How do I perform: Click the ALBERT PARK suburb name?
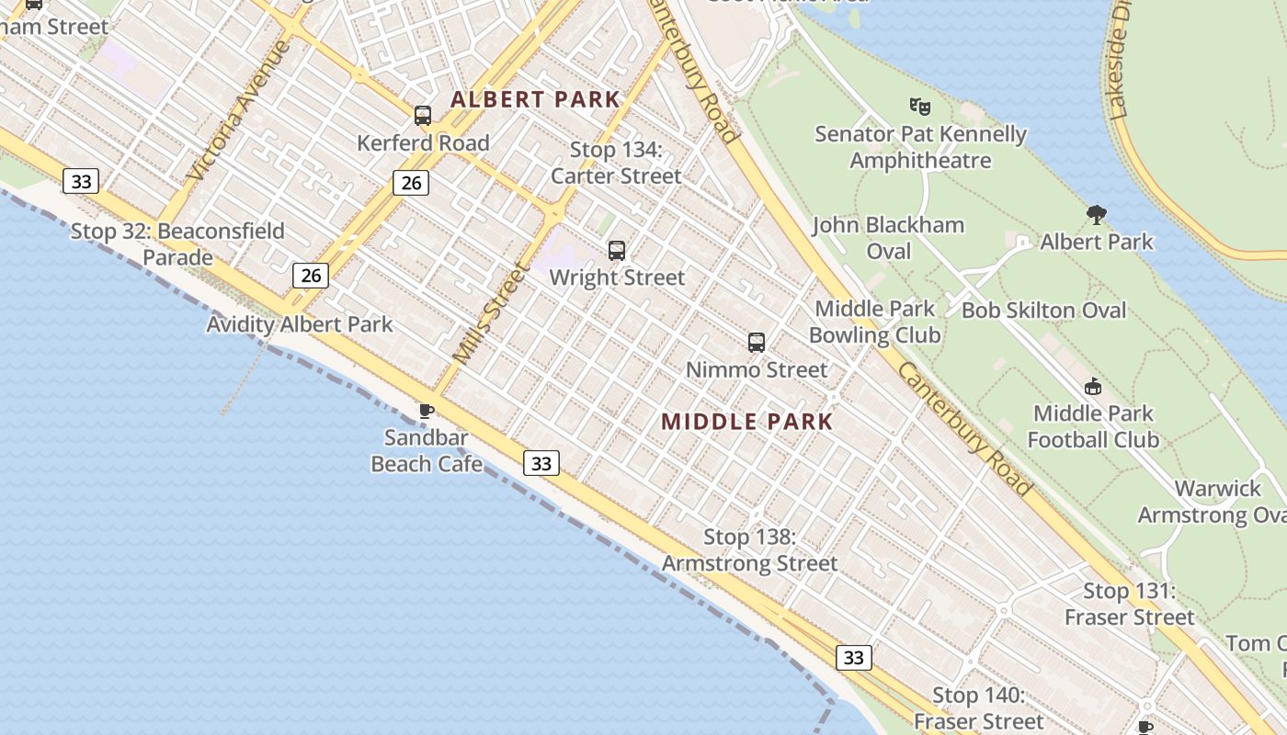(x=535, y=99)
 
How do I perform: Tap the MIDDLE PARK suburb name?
(x=746, y=422)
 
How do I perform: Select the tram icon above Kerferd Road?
(x=423, y=116)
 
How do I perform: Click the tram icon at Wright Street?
(x=617, y=250)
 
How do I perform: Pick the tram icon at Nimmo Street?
(x=757, y=343)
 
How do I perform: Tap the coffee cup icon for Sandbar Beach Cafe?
(x=426, y=411)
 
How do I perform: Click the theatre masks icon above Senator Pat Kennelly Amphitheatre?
(x=919, y=107)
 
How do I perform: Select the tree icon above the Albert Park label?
(x=1096, y=215)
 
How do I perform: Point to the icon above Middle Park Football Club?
(x=1093, y=387)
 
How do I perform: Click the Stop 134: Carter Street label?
(x=616, y=163)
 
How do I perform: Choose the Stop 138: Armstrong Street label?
(x=749, y=550)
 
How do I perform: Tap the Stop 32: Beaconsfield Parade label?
(x=177, y=243)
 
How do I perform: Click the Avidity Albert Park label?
(x=299, y=324)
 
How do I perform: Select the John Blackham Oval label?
(x=888, y=238)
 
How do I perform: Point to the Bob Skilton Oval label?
(x=1043, y=311)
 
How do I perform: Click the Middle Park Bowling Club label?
(x=874, y=322)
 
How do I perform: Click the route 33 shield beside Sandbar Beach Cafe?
(x=541, y=463)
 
